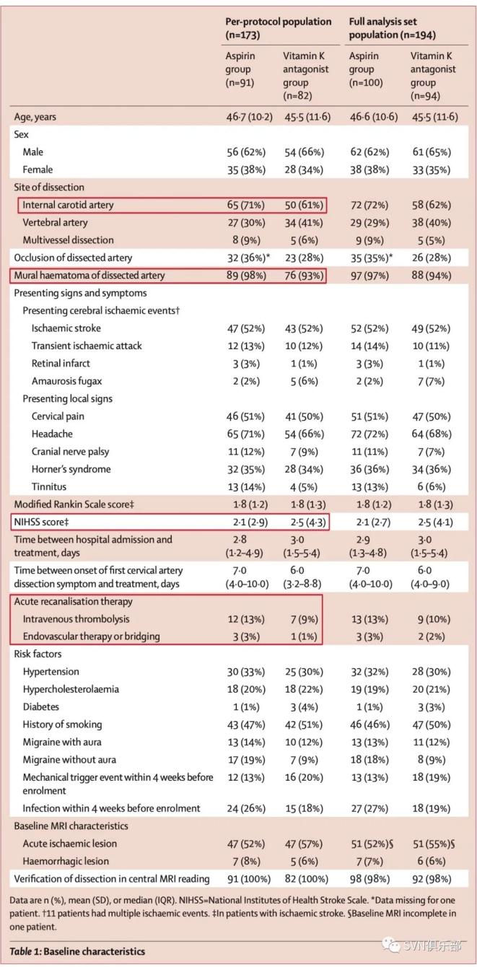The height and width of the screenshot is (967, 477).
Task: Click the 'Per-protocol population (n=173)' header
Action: (x=278, y=27)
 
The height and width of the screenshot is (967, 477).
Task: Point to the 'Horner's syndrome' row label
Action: (x=71, y=469)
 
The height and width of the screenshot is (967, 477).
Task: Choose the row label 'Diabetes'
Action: (x=41, y=706)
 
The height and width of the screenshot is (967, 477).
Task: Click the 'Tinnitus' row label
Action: (x=49, y=486)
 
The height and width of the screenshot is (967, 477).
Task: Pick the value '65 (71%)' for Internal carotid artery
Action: (x=246, y=205)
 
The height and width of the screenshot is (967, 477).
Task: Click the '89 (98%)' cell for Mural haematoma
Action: (x=246, y=275)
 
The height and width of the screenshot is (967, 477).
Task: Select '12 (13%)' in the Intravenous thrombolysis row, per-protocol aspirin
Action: (x=246, y=618)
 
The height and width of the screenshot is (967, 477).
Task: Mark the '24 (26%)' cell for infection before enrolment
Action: (x=246, y=808)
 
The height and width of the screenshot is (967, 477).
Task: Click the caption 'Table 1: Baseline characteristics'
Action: (x=77, y=950)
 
